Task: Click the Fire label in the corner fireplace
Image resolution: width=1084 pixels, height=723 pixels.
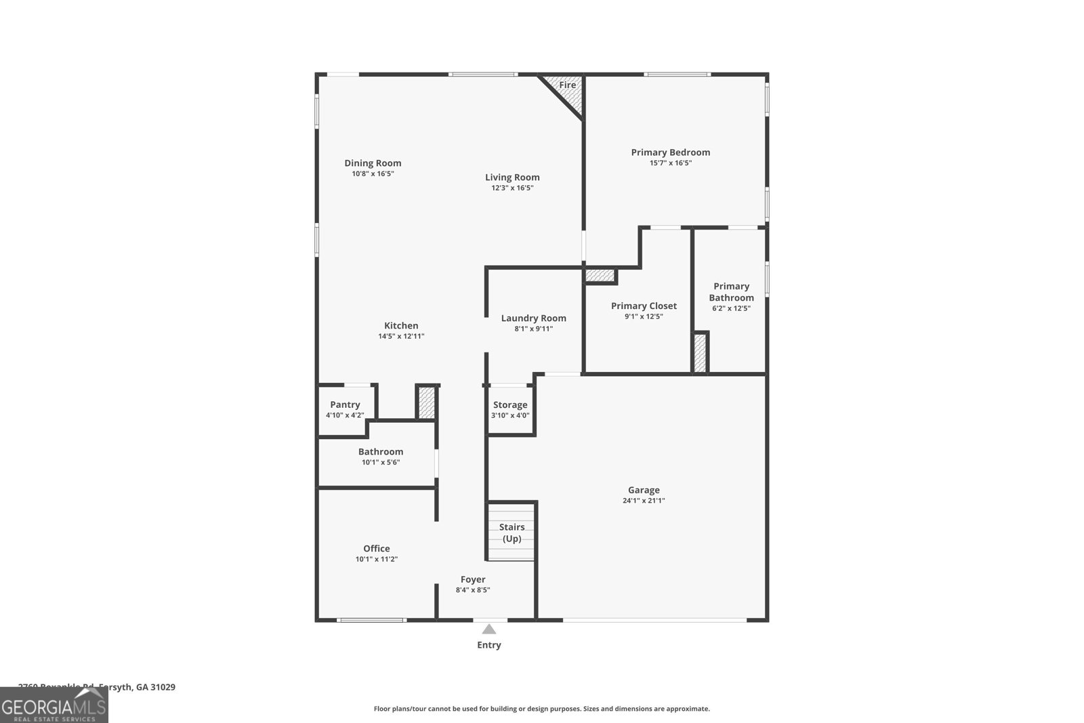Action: pyautogui.click(x=567, y=85)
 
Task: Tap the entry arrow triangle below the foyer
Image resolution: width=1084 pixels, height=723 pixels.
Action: pyautogui.click(x=489, y=629)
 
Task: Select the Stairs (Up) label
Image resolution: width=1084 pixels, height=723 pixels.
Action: pyautogui.click(x=512, y=533)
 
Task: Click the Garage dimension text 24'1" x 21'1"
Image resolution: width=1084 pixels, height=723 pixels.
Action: pyautogui.click(x=644, y=501)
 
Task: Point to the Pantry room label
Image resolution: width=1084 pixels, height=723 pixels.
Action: pyautogui.click(x=345, y=405)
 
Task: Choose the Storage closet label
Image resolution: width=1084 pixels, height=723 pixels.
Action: pyautogui.click(x=510, y=405)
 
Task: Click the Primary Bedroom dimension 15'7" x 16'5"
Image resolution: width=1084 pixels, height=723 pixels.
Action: pyautogui.click(x=671, y=163)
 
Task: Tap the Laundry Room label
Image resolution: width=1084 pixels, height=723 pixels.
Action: pyautogui.click(x=533, y=318)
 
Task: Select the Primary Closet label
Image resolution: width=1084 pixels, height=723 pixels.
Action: pyautogui.click(x=644, y=306)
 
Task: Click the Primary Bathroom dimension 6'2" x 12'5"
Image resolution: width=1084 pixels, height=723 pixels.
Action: pyautogui.click(x=731, y=308)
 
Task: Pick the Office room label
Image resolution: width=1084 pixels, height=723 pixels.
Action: pyautogui.click(x=376, y=548)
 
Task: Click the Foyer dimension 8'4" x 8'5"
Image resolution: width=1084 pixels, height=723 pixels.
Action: pyautogui.click(x=473, y=590)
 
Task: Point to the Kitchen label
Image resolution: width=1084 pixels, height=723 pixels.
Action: pyautogui.click(x=401, y=325)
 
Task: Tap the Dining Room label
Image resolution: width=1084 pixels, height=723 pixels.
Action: pyautogui.click(x=373, y=163)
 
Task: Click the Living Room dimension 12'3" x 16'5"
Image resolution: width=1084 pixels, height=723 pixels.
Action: pyautogui.click(x=512, y=188)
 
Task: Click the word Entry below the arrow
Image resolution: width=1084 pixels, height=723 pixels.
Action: pyautogui.click(x=489, y=645)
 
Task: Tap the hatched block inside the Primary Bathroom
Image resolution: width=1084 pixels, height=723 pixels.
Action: pyautogui.click(x=700, y=352)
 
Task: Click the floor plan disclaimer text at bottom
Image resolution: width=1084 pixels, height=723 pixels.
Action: pyautogui.click(x=541, y=709)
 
